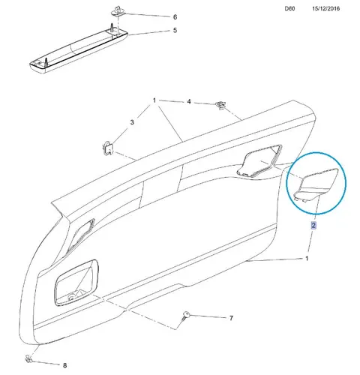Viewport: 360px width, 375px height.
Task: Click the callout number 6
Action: pyautogui.click(x=175, y=17)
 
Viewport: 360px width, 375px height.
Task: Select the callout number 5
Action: pyautogui.click(x=175, y=30)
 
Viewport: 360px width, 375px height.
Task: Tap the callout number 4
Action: pyautogui.click(x=189, y=102)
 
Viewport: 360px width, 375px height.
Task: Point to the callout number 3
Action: pyautogui.click(x=132, y=122)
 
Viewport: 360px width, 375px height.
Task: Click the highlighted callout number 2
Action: pyautogui.click(x=313, y=225)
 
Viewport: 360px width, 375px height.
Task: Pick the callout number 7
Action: pyautogui.click(x=231, y=318)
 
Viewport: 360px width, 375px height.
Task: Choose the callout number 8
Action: pyautogui.click(x=64, y=365)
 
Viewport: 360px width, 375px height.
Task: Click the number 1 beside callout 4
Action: pyautogui.click(x=154, y=100)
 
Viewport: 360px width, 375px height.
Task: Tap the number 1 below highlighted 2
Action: pyautogui.click(x=307, y=259)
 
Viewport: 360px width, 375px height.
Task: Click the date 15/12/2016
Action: pyautogui.click(x=325, y=8)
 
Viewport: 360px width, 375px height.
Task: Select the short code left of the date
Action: pyautogui.click(x=289, y=8)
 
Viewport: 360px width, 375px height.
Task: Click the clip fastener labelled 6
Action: pyautogui.click(x=118, y=12)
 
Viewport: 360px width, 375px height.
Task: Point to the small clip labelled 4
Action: pyautogui.click(x=220, y=105)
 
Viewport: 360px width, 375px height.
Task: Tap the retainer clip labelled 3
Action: pyautogui.click(x=108, y=148)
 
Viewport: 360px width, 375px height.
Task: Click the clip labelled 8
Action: pyautogui.click(x=28, y=359)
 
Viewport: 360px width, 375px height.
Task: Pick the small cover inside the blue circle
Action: pyautogui.click(x=316, y=185)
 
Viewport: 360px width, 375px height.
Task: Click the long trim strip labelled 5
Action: pyautogui.click(x=79, y=49)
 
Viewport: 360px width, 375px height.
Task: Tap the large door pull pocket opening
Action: pyautogui.click(x=76, y=283)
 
